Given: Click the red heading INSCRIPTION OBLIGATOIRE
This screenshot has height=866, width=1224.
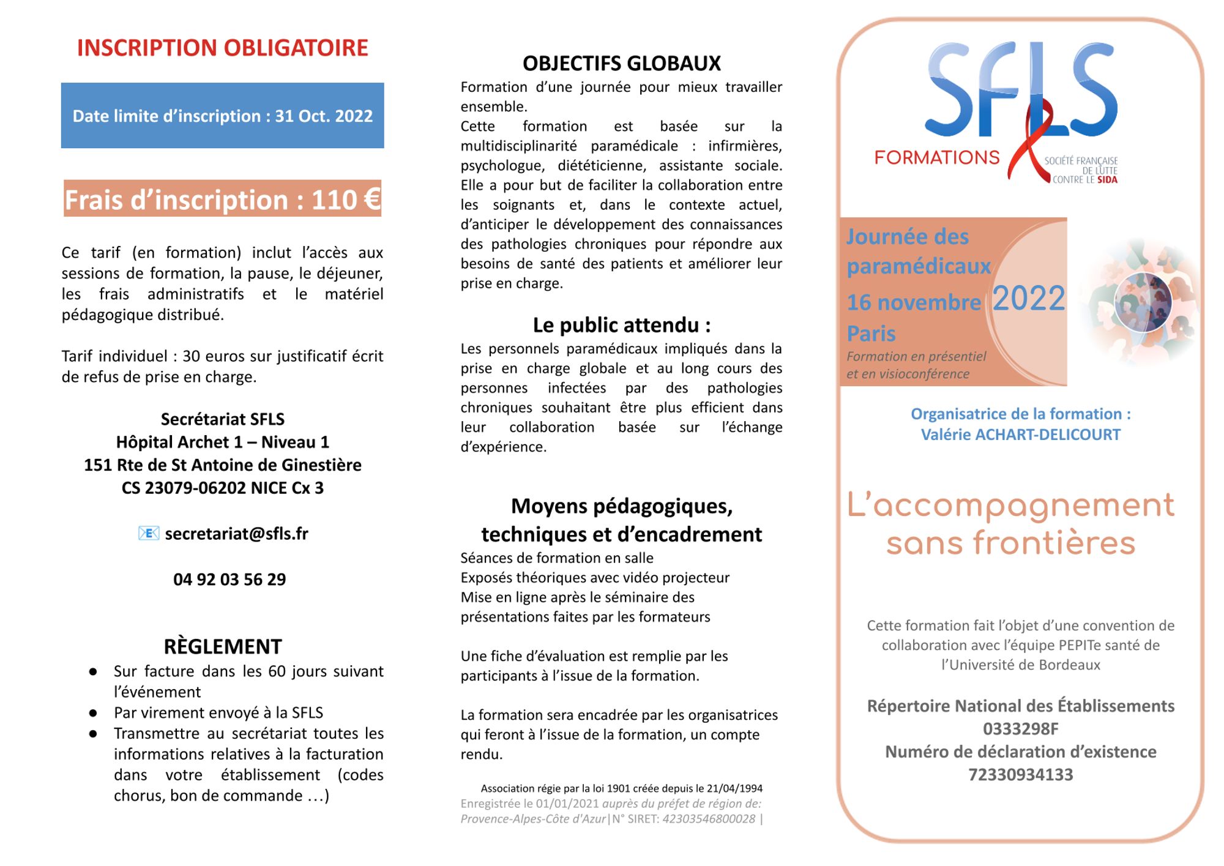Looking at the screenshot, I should tap(222, 48).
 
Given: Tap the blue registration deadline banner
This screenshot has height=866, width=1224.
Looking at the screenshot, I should tap(222, 116).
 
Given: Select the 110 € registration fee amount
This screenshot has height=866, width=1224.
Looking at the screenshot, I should tap(346, 200).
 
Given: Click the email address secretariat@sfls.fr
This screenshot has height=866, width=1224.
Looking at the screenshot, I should tap(236, 534).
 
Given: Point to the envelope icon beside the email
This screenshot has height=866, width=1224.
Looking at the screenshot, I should tap(149, 534).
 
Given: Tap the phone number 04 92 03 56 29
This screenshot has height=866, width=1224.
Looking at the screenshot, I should tap(229, 579).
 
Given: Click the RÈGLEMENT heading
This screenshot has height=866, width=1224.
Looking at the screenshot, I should tap(223, 646).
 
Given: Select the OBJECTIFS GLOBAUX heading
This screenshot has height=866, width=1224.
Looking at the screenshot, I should tap(621, 63).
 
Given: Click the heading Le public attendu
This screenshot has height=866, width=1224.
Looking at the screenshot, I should tap(621, 325).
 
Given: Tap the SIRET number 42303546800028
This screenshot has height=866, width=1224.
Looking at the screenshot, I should tap(709, 819).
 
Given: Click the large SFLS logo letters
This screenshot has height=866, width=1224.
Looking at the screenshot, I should tap(1022, 92).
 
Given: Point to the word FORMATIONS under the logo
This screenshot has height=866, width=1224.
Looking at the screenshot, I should tap(936, 158).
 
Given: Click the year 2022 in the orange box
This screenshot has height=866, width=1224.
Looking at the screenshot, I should tap(1029, 299).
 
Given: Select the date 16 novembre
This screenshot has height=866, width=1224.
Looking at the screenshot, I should tap(914, 302).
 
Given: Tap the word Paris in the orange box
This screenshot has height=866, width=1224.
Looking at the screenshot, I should tap(871, 334).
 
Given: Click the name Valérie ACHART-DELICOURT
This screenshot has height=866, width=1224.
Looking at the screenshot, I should tap(1021, 435).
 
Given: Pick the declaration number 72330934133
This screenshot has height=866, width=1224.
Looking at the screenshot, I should tap(1021, 775).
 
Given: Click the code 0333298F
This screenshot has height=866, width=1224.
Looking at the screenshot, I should tap(1021, 729).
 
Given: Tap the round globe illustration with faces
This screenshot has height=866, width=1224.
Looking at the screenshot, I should tap(1143, 302).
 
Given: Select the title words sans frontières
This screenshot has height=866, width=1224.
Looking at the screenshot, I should tap(1010, 543).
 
